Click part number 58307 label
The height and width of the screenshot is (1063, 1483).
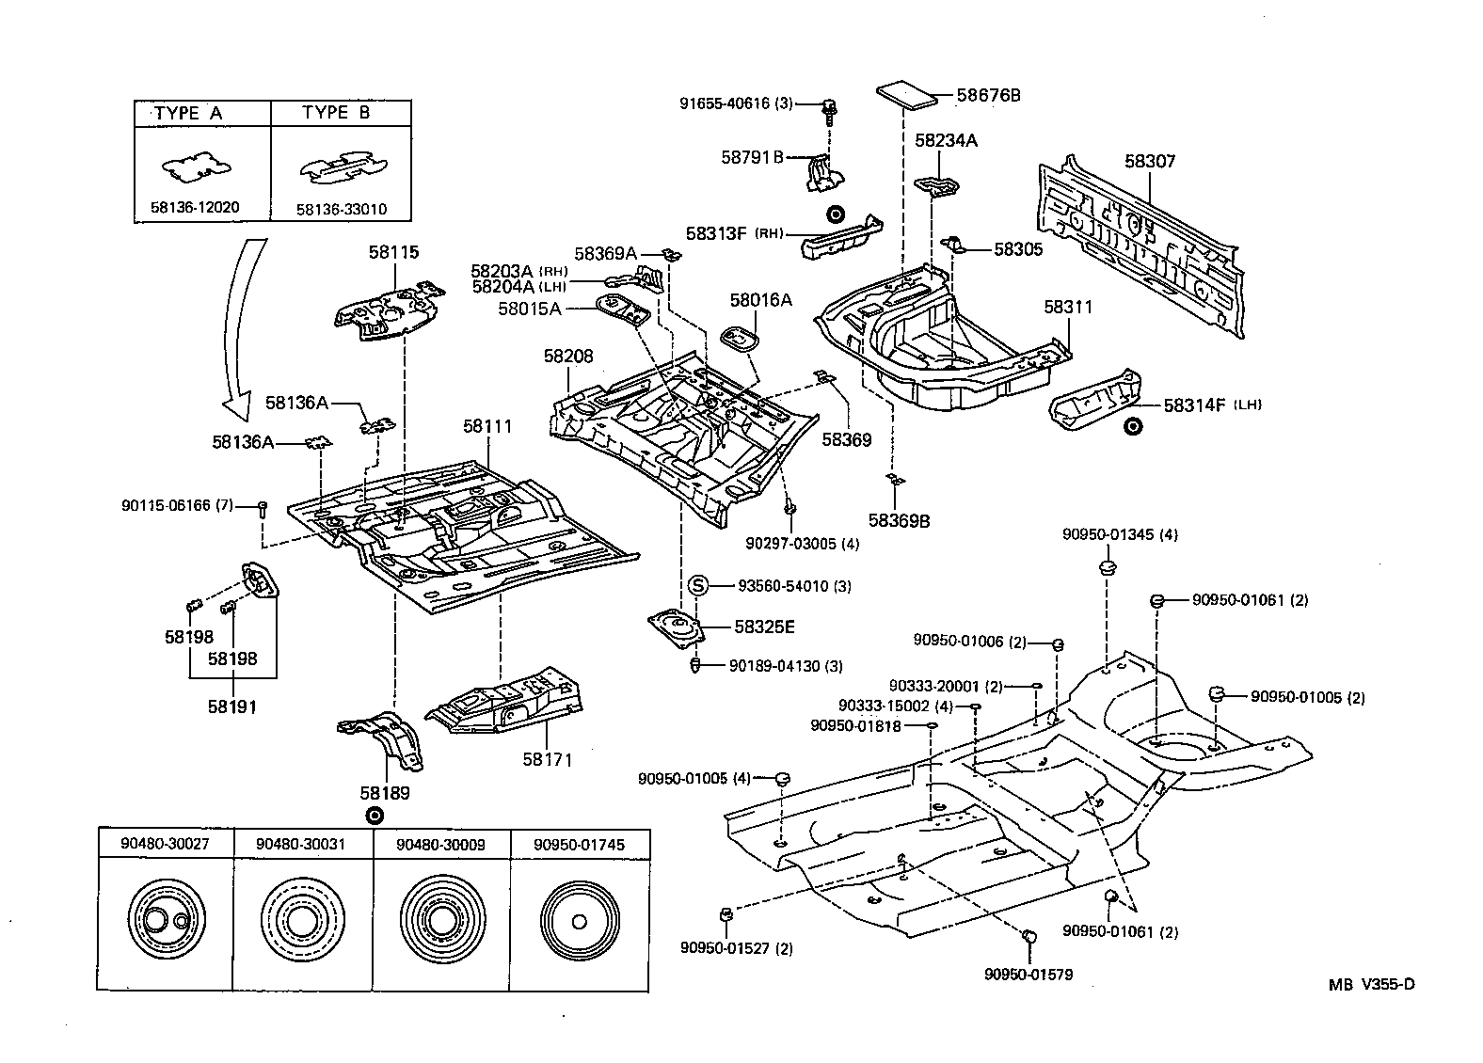point(1149,162)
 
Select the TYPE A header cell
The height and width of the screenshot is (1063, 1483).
point(200,113)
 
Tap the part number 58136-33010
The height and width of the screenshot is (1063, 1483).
point(341,209)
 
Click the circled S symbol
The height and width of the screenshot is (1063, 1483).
point(698,586)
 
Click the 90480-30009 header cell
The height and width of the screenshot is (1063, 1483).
point(440,844)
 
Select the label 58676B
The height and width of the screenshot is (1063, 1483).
point(988,95)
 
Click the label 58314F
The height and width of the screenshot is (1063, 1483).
point(1194,405)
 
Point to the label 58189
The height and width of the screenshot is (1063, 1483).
point(389,793)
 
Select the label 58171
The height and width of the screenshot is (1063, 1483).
point(548,759)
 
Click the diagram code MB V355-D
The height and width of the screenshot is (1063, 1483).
point(1371,985)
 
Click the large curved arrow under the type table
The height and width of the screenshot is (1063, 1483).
point(242,329)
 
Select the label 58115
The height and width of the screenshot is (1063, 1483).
point(393,252)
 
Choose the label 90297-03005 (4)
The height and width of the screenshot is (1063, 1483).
point(802,544)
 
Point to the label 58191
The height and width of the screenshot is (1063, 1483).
point(232,706)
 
